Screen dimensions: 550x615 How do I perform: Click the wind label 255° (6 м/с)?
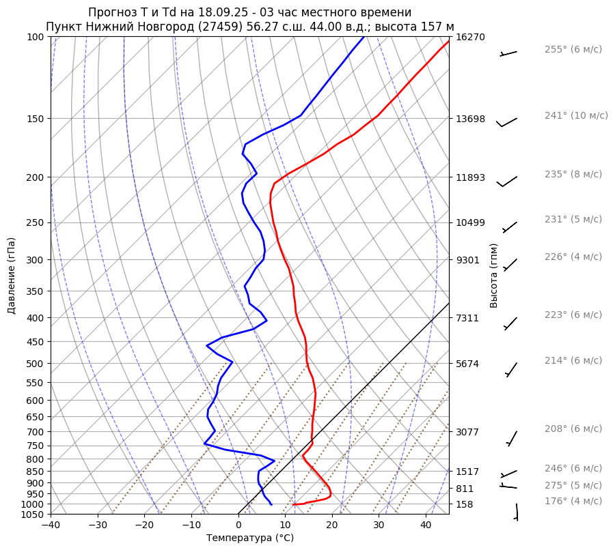[x=573, y=49]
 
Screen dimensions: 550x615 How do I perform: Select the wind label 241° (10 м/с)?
[x=576, y=115]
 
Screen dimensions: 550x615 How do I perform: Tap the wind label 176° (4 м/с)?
[x=573, y=501]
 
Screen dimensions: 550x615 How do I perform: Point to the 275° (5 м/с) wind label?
[x=573, y=485]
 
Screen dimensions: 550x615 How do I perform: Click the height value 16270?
[x=470, y=37]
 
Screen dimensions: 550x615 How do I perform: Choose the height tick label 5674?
[x=467, y=364]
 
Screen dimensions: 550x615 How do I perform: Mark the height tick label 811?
[x=465, y=489]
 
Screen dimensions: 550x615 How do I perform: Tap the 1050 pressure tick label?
[x=34, y=515]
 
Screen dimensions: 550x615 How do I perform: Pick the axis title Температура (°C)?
[x=250, y=538]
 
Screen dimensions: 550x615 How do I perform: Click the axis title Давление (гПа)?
[x=12, y=275]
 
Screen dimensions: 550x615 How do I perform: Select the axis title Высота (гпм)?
[x=494, y=275]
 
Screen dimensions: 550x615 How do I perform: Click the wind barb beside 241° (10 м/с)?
[x=507, y=121]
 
